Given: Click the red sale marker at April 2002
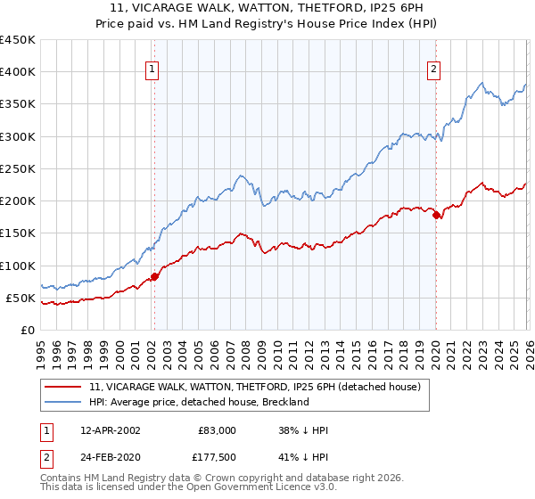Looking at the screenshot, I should point(154,276).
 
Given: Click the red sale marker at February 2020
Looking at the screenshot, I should point(436,216).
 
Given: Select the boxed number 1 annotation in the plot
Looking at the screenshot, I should point(152,70).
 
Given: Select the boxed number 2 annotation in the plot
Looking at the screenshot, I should point(434,70).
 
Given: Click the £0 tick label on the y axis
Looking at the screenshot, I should point(27,330).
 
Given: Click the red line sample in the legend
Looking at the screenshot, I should point(64,387).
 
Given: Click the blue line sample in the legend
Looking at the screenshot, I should point(64,402).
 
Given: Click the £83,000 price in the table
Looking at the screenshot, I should point(215,430).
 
